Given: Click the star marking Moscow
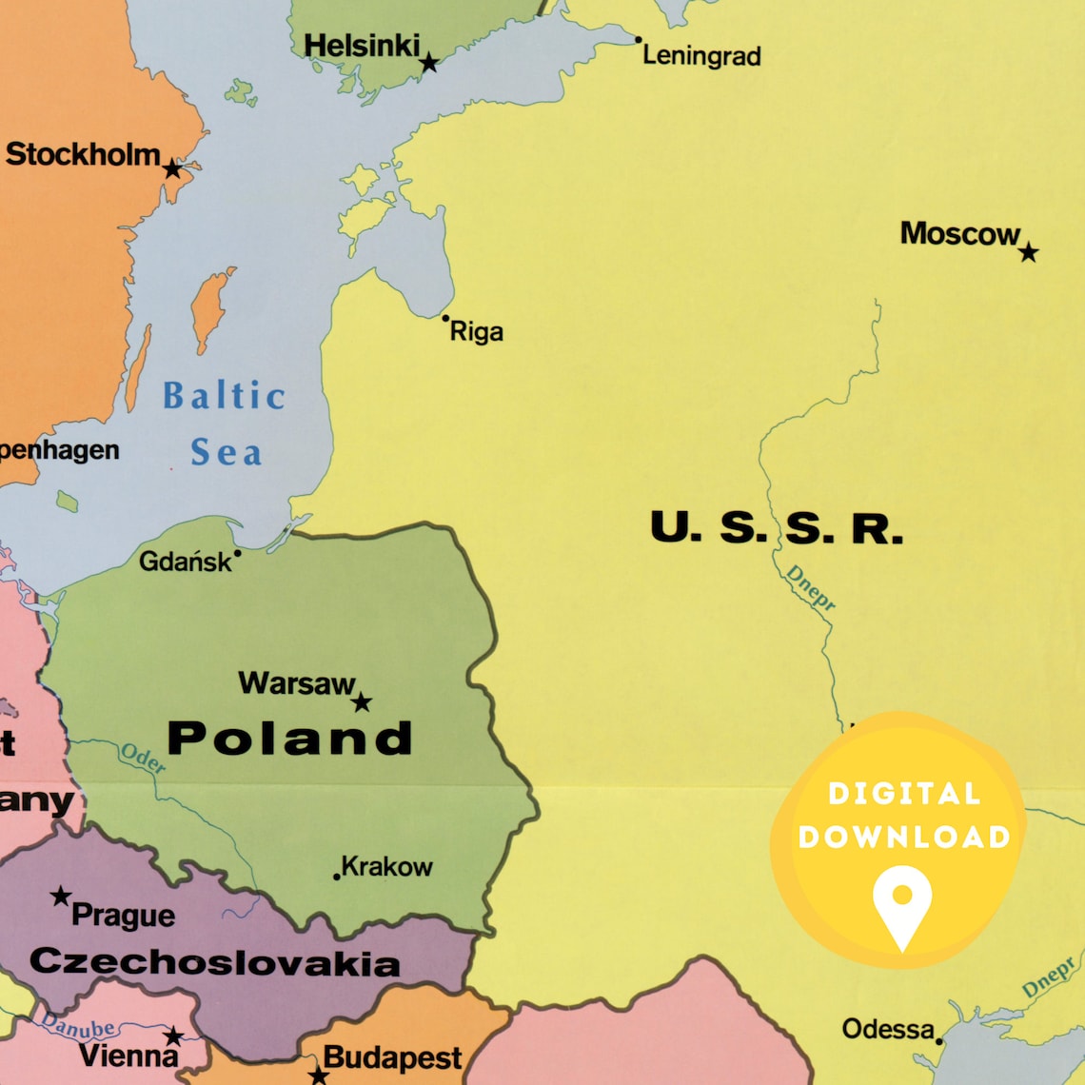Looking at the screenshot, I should point(1028,252).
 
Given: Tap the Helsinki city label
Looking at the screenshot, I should point(362,45).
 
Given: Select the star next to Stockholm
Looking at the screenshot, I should point(172,169).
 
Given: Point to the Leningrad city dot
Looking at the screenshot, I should point(638,40).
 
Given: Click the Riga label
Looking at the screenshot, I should point(476,332).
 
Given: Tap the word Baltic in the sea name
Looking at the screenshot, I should point(224,395).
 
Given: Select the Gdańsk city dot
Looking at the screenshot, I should point(237,552).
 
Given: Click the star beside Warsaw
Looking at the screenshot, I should point(362,702).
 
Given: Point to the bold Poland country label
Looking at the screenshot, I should point(290,739).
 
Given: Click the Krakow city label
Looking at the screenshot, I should point(386,867).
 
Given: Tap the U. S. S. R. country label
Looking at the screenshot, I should point(776,527).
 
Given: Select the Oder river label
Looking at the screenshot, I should point(143,758).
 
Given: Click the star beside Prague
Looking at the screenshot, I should point(61,896).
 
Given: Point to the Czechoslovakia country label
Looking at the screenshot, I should point(215,961).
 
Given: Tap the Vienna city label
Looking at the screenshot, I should point(128,1055).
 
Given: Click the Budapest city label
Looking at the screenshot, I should point(392,1057).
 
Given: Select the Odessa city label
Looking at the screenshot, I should point(888,1029).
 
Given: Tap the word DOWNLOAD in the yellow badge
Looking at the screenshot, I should point(904,837).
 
